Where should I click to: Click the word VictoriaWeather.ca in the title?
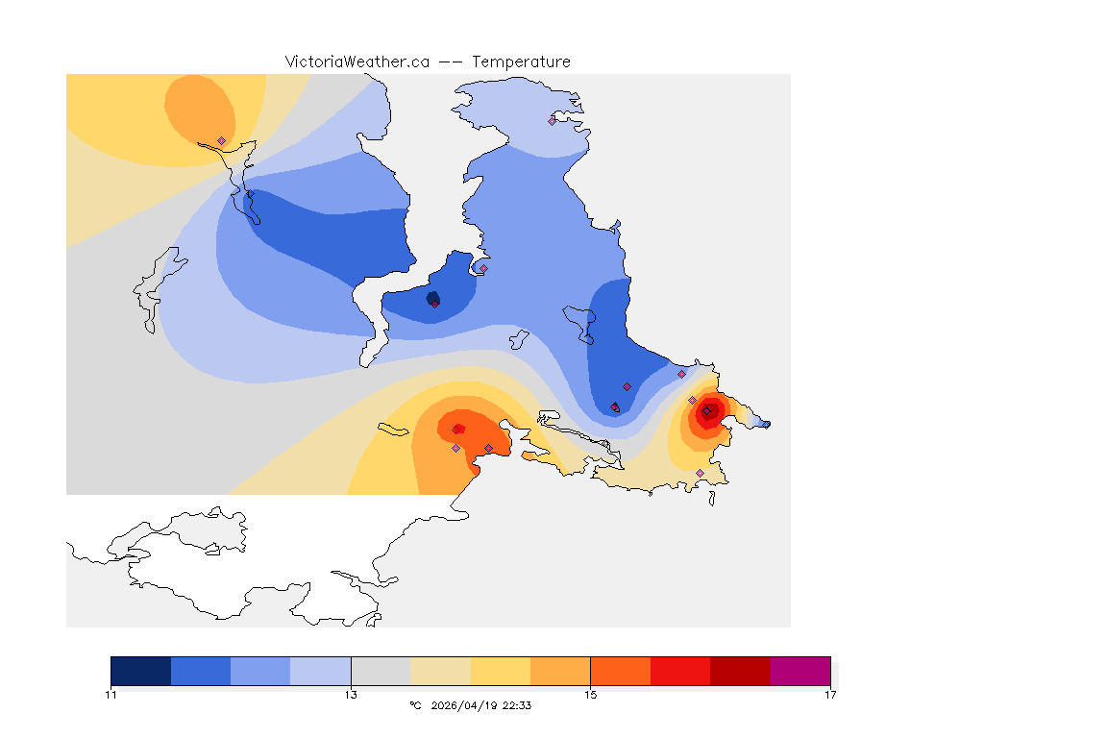click(357, 61)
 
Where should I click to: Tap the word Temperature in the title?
click(522, 61)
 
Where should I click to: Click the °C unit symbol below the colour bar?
click(415, 705)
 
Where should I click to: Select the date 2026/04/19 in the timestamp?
click(465, 705)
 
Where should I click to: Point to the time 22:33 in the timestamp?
click(517, 705)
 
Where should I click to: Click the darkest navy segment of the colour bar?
click(141, 671)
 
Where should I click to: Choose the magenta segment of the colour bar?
click(799, 671)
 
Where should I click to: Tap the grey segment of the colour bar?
click(381, 671)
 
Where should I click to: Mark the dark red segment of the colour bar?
click(740, 671)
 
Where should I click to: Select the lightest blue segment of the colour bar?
click(321, 671)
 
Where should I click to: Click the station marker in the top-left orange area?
click(221, 140)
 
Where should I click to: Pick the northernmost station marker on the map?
click(553, 121)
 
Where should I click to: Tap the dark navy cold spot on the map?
click(432, 298)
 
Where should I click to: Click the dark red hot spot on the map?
click(707, 411)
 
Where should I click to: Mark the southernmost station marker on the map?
click(700, 473)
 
